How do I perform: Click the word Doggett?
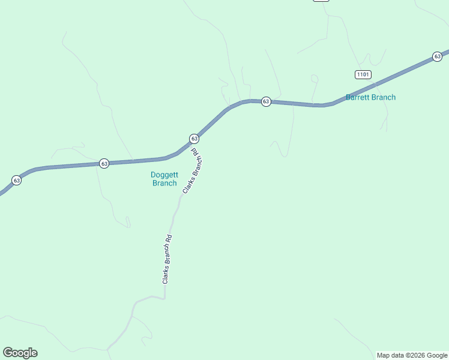pos(164,175)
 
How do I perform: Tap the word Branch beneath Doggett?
pos(164,183)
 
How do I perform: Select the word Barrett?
pos(360,97)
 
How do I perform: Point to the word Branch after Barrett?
pos(385,97)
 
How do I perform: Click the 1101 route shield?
pos(363,74)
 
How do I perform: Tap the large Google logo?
pos(20,353)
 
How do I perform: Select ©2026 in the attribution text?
pos(417,355)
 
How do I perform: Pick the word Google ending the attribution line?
pos(438,355)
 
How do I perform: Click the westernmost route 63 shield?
pos(16,180)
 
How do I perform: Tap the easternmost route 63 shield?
pos(437,56)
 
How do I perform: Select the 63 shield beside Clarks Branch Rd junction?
pos(194,139)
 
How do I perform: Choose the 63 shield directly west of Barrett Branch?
pos(266,101)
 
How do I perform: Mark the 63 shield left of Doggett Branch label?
pos(104,163)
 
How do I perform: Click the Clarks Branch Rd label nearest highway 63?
pos(193,170)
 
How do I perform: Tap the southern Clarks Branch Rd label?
pos(167,259)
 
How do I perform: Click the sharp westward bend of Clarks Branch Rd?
pos(163,296)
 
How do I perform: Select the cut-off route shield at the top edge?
pos(321,1)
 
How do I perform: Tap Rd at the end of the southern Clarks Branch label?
pos(170,238)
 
